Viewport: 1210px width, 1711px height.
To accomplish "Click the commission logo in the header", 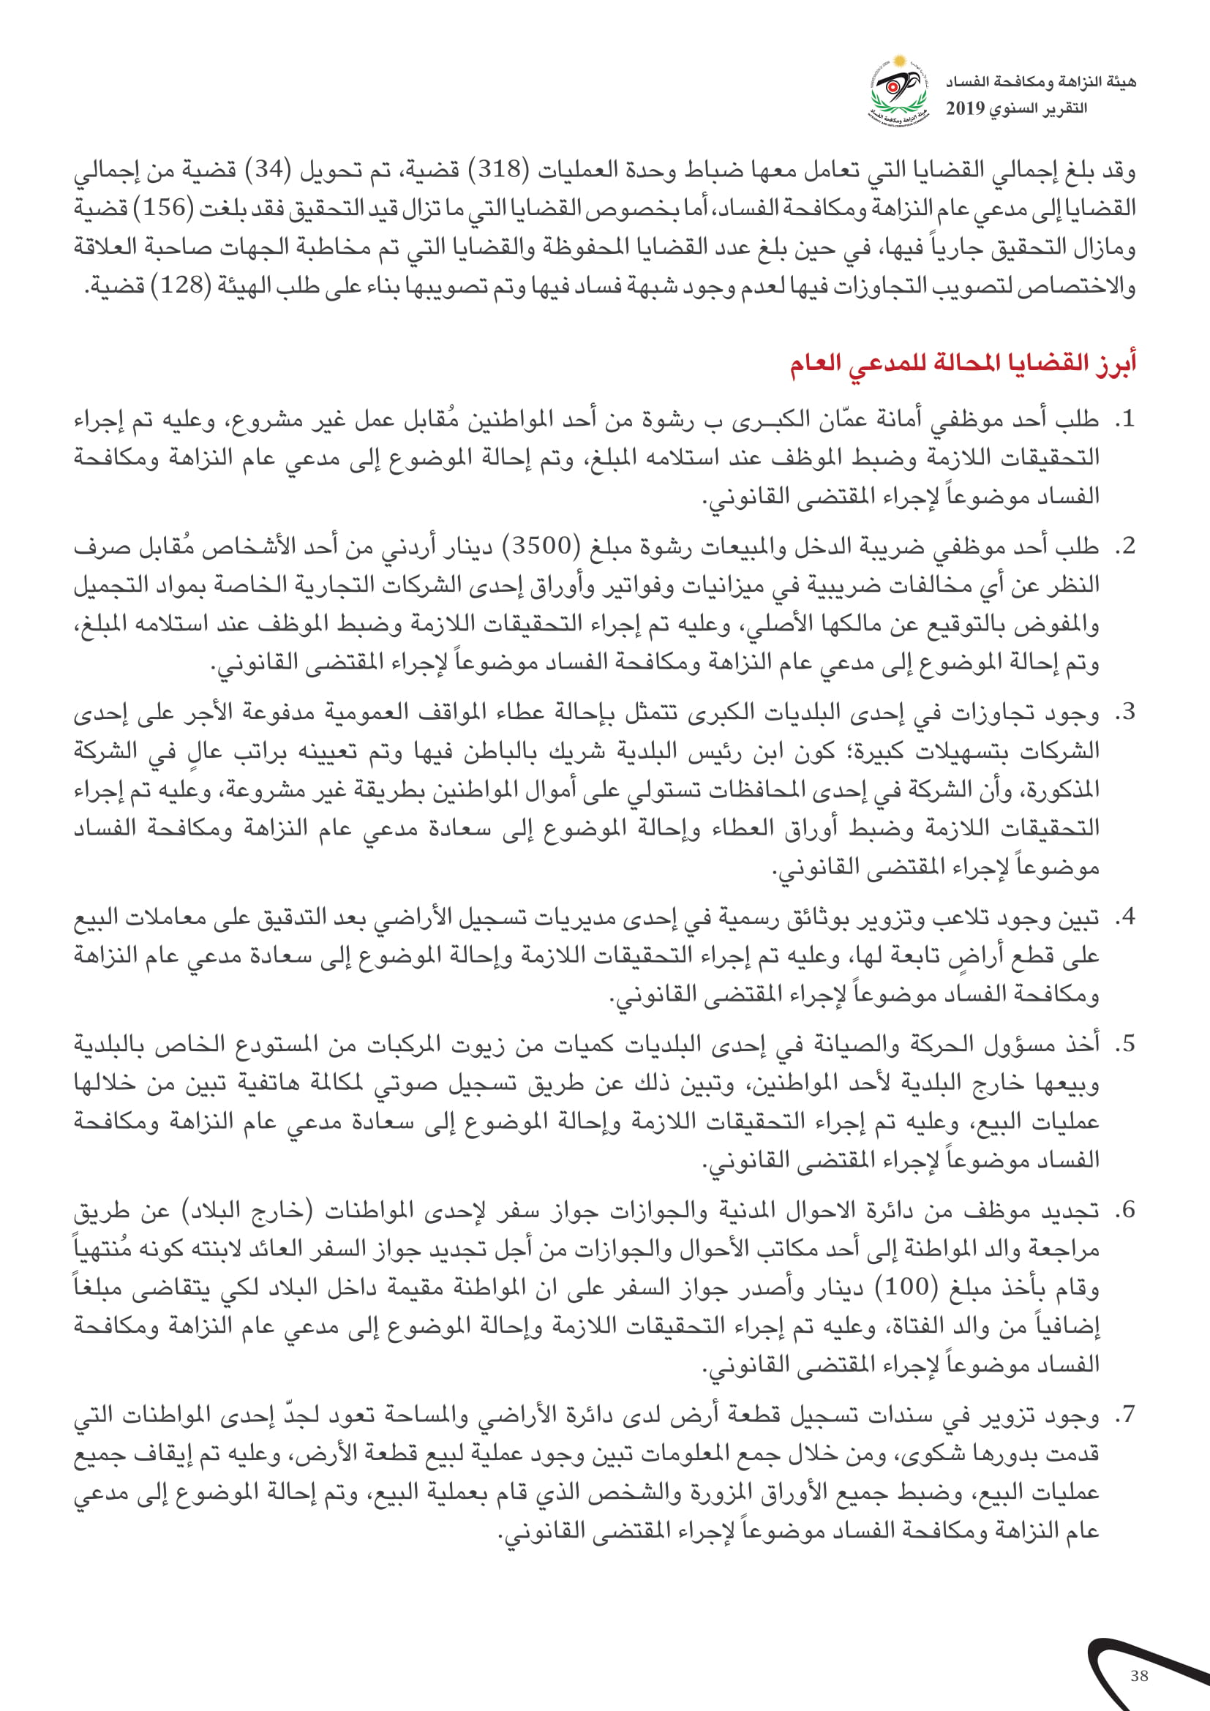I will point(899,90).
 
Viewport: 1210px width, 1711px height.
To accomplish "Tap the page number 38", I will point(1139,1676).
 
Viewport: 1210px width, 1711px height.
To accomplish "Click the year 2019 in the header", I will point(965,109).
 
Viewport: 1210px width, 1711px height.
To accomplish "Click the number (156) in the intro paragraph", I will point(164,208).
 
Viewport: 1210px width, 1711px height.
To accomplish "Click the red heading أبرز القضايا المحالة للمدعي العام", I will point(963,364).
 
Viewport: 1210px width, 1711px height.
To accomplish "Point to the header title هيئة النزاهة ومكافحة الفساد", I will point(1041,81).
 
